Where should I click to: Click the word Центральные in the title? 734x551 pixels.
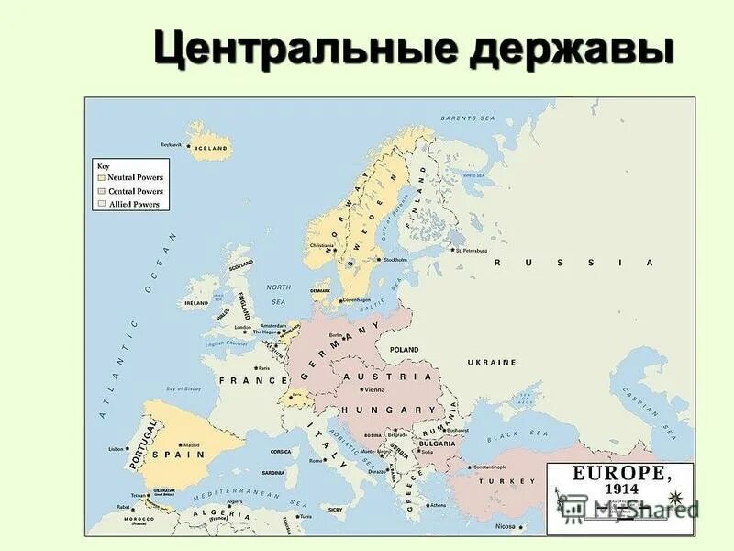(306, 47)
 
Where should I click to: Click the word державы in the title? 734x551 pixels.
(570, 47)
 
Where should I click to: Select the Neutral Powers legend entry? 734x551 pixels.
(134, 177)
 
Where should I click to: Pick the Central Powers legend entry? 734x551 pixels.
(135, 191)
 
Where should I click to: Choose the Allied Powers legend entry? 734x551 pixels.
(134, 205)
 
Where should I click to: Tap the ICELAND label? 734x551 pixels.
(210, 147)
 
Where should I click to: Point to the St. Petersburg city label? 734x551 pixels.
(478, 248)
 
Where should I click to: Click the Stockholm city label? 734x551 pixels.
(394, 260)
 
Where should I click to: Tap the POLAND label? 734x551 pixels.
(404, 350)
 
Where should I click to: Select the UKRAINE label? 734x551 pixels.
(492, 362)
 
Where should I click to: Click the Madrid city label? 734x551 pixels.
(190, 444)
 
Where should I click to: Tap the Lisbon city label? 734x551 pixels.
(117, 449)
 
